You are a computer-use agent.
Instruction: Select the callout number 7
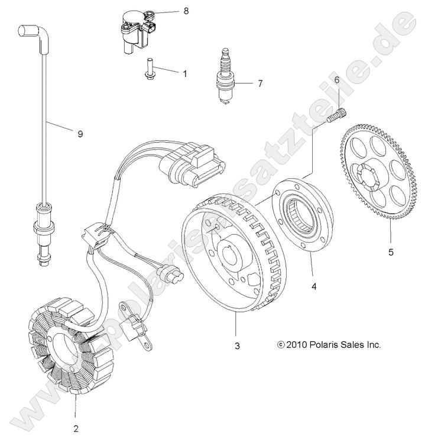tap(259, 83)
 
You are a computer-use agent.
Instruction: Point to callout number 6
tap(336, 79)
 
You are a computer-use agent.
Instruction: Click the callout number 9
tap(80, 134)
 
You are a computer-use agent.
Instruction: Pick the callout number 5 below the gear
tap(390, 252)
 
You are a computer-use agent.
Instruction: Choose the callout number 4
tap(314, 286)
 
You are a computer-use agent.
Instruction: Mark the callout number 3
tap(236, 346)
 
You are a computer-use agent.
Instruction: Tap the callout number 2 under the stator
tap(76, 428)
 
